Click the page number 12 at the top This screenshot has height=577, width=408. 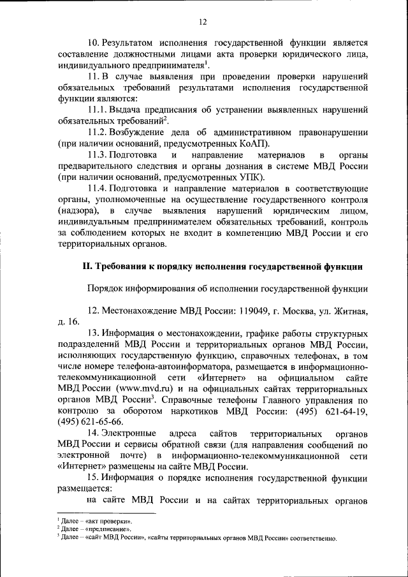click(x=203, y=22)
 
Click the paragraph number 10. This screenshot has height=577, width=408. click(x=93, y=42)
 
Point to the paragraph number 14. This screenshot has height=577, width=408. click(x=93, y=433)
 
